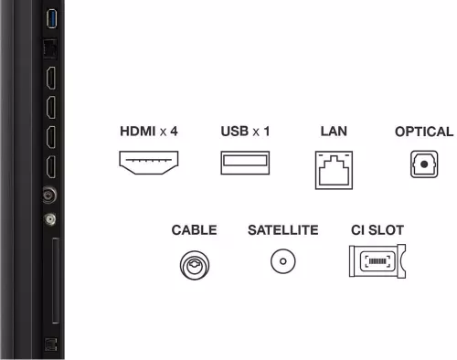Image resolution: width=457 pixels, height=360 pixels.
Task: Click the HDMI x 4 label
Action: point(149,132)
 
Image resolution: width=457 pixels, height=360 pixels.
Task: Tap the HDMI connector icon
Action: point(149,163)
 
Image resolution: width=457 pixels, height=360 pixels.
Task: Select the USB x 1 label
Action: point(245,132)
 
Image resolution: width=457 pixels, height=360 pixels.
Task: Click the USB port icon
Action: point(245,163)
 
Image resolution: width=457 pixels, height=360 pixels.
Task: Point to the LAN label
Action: point(334,132)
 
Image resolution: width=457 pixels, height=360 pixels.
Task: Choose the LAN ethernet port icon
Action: point(334,170)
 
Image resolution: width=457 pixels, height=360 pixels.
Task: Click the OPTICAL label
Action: point(424,132)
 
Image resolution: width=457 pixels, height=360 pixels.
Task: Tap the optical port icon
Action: point(424,164)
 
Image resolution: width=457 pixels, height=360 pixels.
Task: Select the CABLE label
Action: point(194,230)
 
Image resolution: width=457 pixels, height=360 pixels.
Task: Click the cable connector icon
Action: point(195,265)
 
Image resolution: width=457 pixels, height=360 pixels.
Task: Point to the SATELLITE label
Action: point(283,230)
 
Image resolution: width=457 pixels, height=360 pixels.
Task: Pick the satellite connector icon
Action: point(283,261)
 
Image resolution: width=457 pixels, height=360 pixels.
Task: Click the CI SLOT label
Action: point(377,230)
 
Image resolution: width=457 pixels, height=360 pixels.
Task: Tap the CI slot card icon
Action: point(377,261)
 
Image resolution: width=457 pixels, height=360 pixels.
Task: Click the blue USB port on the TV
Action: point(51,18)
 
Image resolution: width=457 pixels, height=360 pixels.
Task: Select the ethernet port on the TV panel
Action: point(50,48)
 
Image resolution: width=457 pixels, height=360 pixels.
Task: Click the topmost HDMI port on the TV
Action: point(51,79)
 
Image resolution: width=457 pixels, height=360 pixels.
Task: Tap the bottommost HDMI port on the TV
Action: point(51,167)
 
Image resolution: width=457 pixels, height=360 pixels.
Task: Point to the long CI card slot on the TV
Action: point(56,281)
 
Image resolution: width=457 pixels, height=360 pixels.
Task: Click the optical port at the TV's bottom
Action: point(50,344)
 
